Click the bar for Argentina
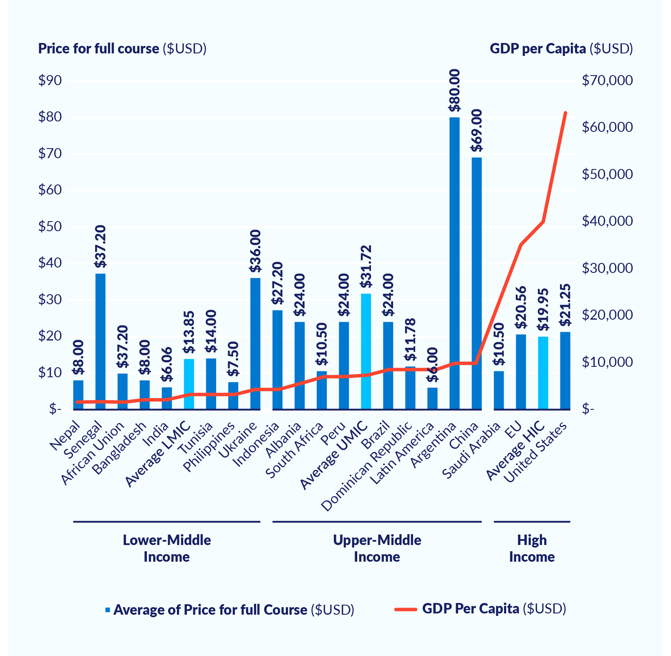tap(454, 263)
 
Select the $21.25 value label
tap(565, 305)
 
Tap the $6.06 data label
tap(167, 364)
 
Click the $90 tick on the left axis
tap(50, 81)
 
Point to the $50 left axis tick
tap(50, 227)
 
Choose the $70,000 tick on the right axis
tap(607, 81)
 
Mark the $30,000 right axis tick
tap(607, 268)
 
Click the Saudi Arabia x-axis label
tap(472, 451)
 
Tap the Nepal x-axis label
tap(65, 436)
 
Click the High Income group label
tap(532, 548)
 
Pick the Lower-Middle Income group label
tap(166, 548)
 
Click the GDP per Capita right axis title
tap(561, 49)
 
